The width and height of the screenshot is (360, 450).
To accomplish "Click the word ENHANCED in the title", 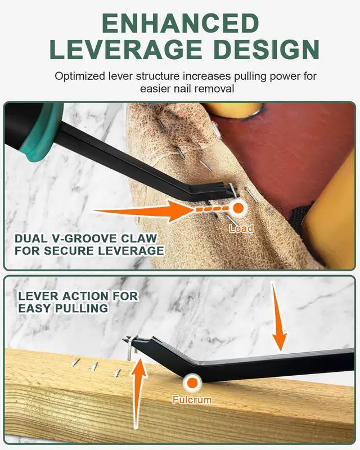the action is [x=181, y=23].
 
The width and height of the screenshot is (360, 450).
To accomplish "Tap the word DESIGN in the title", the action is [x=267, y=49].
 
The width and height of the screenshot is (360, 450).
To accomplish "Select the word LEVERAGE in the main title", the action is [x=126, y=49].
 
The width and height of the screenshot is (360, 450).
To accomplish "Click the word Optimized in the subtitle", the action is [x=80, y=76].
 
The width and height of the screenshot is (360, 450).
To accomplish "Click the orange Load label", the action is [x=241, y=228].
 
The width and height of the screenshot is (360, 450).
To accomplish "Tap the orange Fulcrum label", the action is [x=192, y=400].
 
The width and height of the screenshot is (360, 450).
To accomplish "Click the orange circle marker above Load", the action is [x=238, y=208].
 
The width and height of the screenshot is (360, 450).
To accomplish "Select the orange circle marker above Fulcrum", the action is [x=192, y=383].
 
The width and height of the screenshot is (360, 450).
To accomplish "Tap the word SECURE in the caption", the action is [x=67, y=250].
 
